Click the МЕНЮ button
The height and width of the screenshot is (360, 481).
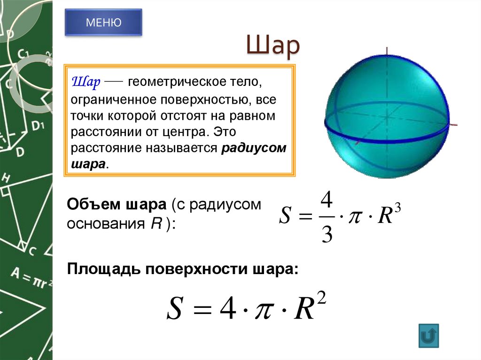tap(103, 22)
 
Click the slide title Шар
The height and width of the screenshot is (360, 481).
tap(272, 47)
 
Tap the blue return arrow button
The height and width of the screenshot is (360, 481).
tap(428, 336)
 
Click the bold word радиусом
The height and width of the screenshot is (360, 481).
tap(254, 148)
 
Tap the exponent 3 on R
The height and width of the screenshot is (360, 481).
tap(397, 208)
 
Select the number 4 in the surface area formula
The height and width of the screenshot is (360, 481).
tap(228, 311)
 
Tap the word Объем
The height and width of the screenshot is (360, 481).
tap(92, 206)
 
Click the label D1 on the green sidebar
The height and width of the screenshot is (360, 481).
tap(38, 125)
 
